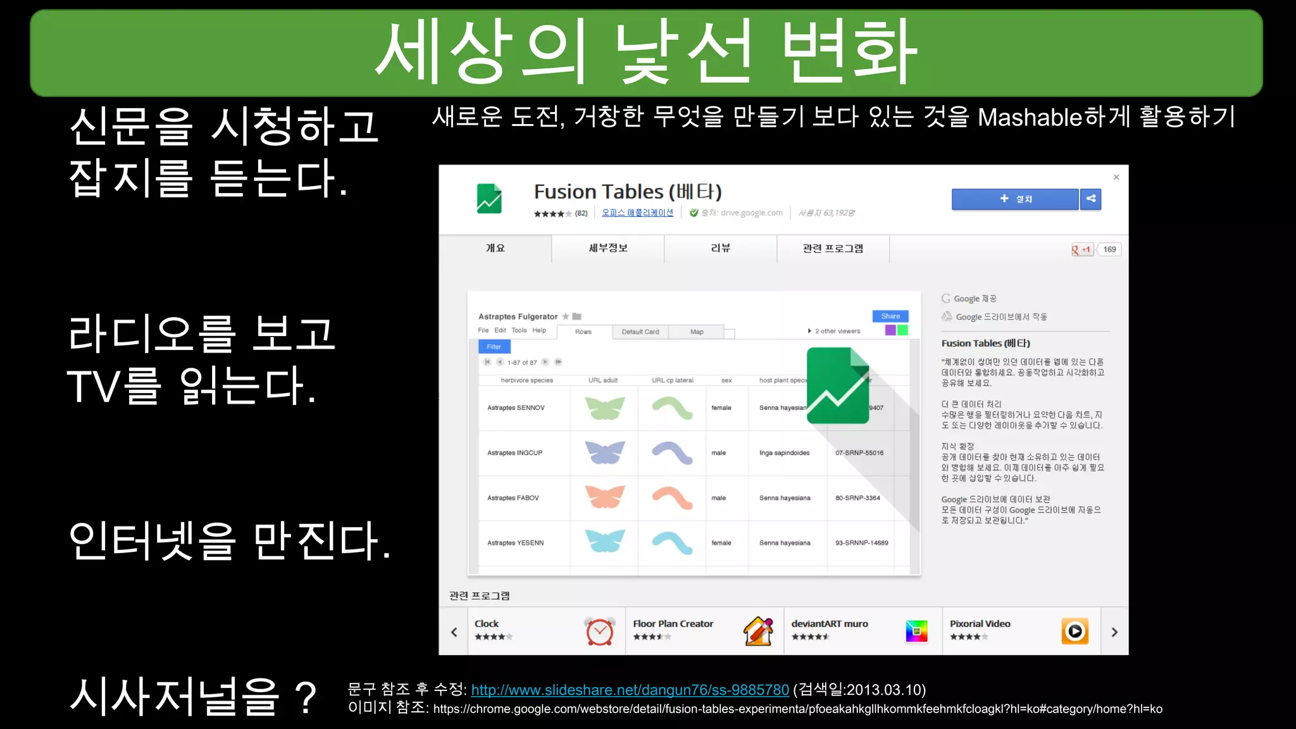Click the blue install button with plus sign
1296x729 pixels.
pyautogui.click(x=1014, y=199)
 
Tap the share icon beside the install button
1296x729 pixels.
pyautogui.click(x=1091, y=199)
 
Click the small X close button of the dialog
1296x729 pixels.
pyautogui.click(x=1116, y=177)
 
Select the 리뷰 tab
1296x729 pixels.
pyautogui.click(x=720, y=248)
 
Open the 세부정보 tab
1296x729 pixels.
pyautogui.click(x=607, y=248)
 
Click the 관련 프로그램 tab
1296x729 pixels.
pyautogui.click(x=833, y=248)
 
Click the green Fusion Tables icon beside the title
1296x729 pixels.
pyautogui.click(x=489, y=199)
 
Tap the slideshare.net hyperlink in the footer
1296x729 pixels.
pyautogui.click(x=630, y=690)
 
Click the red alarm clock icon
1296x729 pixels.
pyautogui.click(x=599, y=631)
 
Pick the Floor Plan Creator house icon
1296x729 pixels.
pyautogui.click(x=758, y=631)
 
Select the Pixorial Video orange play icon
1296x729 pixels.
pyautogui.click(x=1075, y=631)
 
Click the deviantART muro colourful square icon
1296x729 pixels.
pyautogui.click(x=916, y=631)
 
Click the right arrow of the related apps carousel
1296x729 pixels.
pyautogui.click(x=1114, y=632)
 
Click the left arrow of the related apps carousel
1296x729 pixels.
pyautogui.click(x=454, y=632)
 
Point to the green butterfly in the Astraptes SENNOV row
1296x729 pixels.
pyautogui.click(x=604, y=408)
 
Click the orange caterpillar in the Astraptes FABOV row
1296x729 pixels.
pyautogui.click(x=672, y=498)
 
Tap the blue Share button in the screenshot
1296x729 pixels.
pyautogui.click(x=890, y=316)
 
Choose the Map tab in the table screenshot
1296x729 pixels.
pyautogui.click(x=697, y=332)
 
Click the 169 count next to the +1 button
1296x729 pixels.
pyautogui.click(x=1109, y=249)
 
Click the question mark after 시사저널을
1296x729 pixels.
pyautogui.click(x=306, y=697)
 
